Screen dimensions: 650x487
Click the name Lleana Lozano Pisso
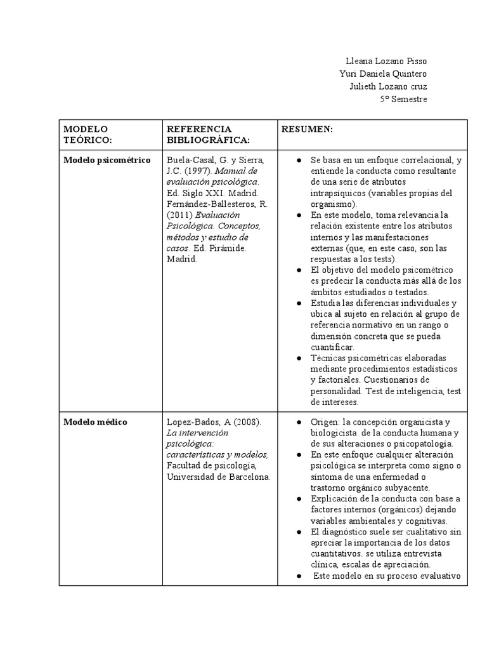pyautogui.click(x=386, y=61)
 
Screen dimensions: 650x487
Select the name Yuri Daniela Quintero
pyautogui.click(x=383, y=74)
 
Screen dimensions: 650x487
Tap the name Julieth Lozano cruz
pyautogui.click(x=388, y=86)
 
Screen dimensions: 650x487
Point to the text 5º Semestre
pyautogui.click(x=403, y=99)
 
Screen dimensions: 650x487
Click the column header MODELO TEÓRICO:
pyautogui.click(x=88, y=134)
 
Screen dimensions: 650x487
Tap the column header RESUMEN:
pyautogui.click(x=308, y=129)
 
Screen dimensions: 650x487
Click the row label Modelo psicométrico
pyautogui.click(x=107, y=160)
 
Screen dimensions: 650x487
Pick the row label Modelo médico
pyautogui.click(x=95, y=421)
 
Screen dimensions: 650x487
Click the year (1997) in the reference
pyautogui.click(x=197, y=171)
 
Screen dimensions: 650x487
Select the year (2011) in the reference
pyautogui.click(x=179, y=215)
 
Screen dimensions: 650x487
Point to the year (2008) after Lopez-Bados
pyautogui.click(x=243, y=421)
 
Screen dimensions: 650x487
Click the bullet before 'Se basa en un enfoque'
pyautogui.click(x=298, y=161)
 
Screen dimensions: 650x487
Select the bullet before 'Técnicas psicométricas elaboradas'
pyautogui.click(x=298, y=358)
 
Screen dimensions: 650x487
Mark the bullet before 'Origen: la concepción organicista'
pyautogui.click(x=298, y=422)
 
